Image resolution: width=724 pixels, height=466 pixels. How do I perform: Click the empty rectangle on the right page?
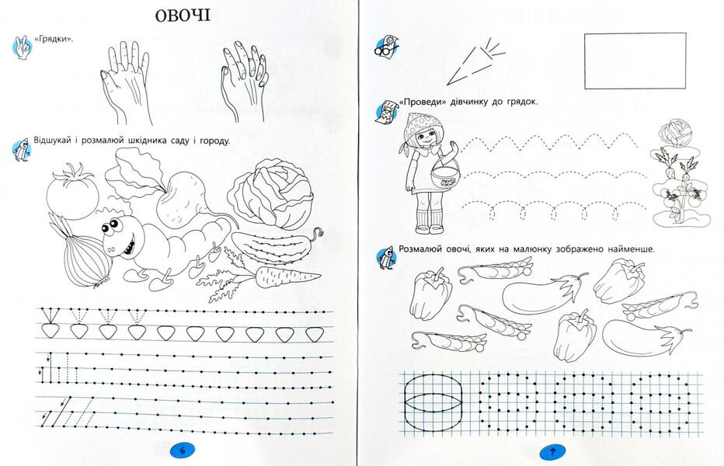(x=635, y=61)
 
